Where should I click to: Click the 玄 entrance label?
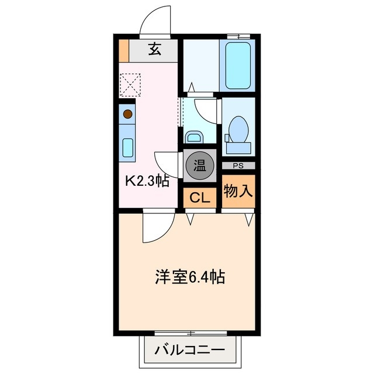click(154, 50)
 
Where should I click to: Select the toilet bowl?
click(238, 128)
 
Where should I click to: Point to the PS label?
click(238, 165)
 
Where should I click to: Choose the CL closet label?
click(199, 198)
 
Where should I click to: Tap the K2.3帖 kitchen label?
click(148, 181)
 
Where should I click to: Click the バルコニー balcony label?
click(189, 351)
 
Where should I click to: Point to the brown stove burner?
click(127, 114)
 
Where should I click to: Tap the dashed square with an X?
click(130, 85)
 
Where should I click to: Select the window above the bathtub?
click(237, 37)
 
